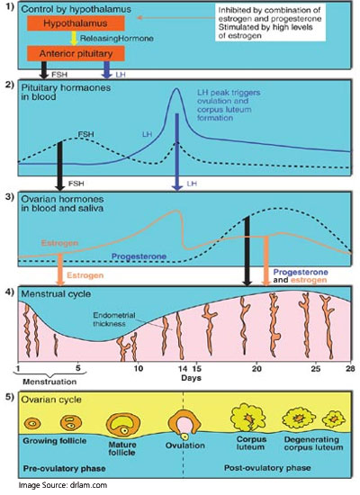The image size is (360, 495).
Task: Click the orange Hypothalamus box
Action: tap(76, 23)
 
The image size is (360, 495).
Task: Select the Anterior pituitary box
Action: tap(76, 53)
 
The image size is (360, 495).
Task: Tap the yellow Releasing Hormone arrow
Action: tap(74, 38)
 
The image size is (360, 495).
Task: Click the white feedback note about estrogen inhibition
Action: tap(270, 22)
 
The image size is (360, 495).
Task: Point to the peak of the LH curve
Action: tap(176, 89)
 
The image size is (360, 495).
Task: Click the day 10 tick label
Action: tap(138, 368)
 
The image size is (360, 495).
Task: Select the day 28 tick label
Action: tap(350, 368)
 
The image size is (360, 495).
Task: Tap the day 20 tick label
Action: tap(256, 368)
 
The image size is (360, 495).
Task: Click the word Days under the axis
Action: tap(191, 378)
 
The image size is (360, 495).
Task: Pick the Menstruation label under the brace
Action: tap(49, 382)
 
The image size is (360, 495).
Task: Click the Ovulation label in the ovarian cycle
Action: tap(185, 445)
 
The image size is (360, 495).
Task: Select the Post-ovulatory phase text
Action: tap(267, 468)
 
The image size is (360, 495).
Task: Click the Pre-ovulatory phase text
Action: tap(65, 468)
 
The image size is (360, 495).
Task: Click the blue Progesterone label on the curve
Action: tap(139, 256)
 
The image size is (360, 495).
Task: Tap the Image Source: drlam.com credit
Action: tap(62, 485)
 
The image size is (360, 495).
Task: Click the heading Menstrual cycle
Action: tap(56, 294)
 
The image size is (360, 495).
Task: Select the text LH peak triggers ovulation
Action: tap(229, 96)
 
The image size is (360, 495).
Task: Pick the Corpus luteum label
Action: tap(251, 443)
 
